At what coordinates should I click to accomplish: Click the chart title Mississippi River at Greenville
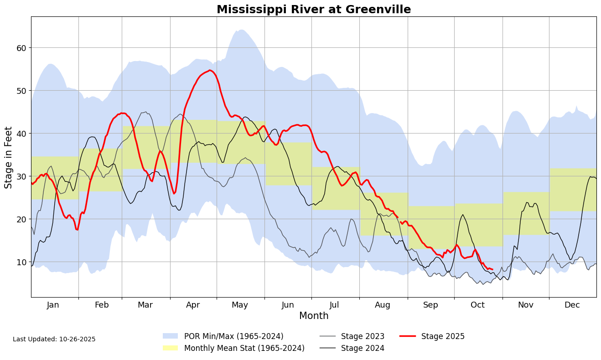pyautogui.click(x=314, y=10)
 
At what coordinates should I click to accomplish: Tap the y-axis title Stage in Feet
pyautogui.click(x=9, y=164)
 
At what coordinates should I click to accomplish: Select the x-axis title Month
pyautogui.click(x=314, y=316)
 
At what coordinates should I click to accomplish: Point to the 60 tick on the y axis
pyautogui.click(x=21, y=48)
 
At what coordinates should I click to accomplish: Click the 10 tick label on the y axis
pyautogui.click(x=21, y=262)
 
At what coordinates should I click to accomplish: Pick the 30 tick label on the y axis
pyautogui.click(x=21, y=176)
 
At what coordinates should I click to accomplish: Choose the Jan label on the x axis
pyautogui.click(x=53, y=305)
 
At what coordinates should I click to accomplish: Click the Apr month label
pyautogui.click(x=193, y=305)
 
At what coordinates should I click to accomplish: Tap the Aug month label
pyautogui.click(x=383, y=305)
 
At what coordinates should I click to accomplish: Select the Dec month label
pyautogui.click(x=572, y=305)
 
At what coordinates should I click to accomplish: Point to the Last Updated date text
pyautogui.click(x=54, y=339)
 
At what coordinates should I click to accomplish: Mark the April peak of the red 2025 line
pyautogui.click(x=210, y=70)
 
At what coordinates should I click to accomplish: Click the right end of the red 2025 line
pyautogui.click(x=492, y=269)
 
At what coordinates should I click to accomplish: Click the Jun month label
pyautogui.click(x=288, y=305)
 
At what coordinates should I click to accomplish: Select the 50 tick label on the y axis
pyautogui.click(x=21, y=91)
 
